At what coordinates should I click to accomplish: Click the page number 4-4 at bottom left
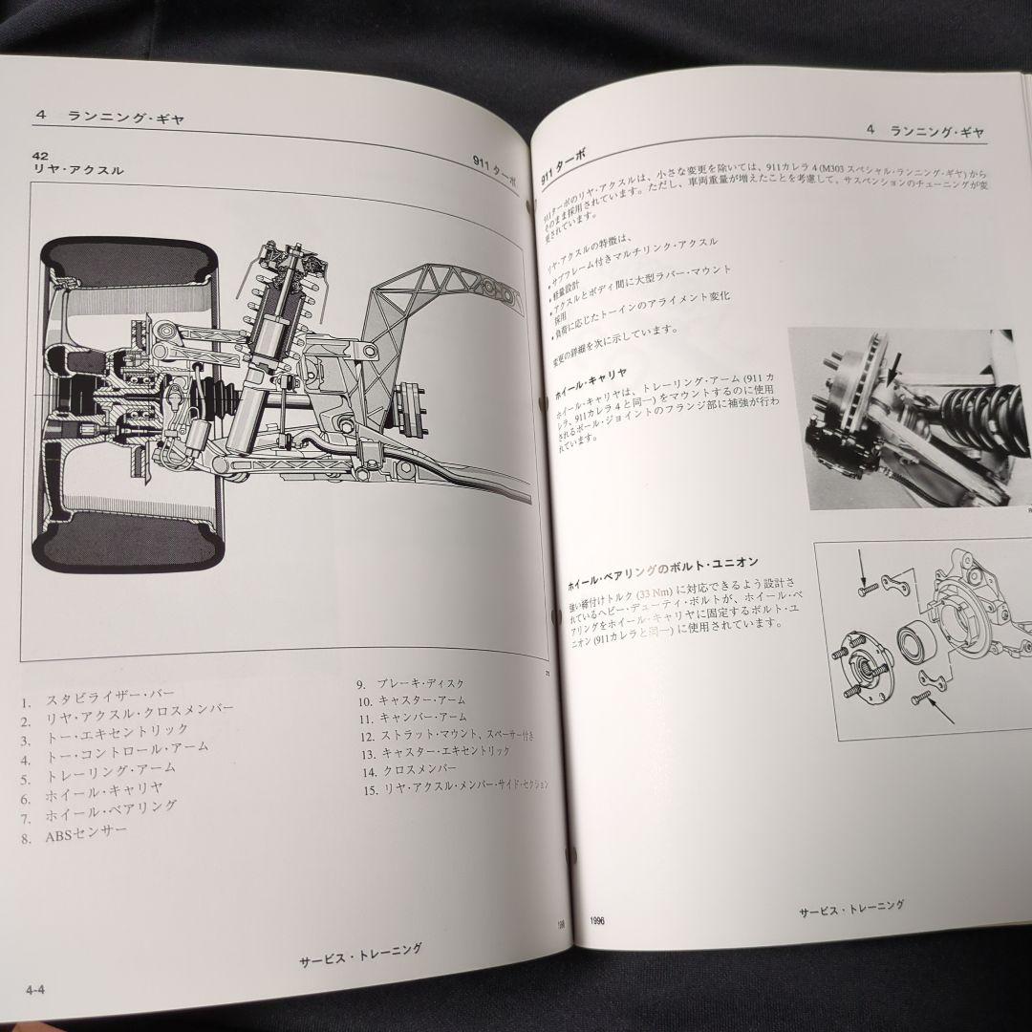point(36,988)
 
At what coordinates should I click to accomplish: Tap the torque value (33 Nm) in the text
point(665,591)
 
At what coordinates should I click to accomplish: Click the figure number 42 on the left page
point(39,154)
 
